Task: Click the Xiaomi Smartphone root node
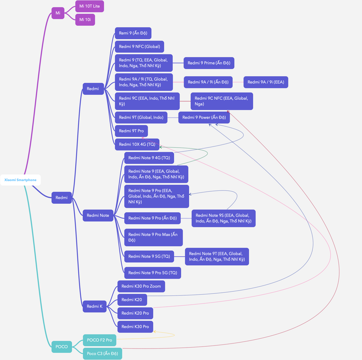pyautogui.click(x=20, y=180)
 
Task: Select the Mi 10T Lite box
pyautogui.click(x=89, y=6)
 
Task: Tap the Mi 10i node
pyautogui.click(x=85, y=20)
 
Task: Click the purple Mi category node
pyautogui.click(x=58, y=13)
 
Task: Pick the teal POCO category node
pyautogui.click(x=62, y=347)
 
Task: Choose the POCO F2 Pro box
pyautogui.click(x=99, y=340)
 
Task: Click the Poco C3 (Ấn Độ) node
pyautogui.click(x=102, y=353)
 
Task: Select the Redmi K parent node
pyautogui.click(x=95, y=306)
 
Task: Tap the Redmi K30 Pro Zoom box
pyautogui.click(x=141, y=287)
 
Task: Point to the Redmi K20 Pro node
pyautogui.click(x=135, y=313)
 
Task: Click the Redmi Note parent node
pyautogui.click(x=98, y=216)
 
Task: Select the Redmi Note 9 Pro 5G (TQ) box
pyautogui.click(x=153, y=273)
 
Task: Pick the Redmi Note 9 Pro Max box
pyautogui.click(x=154, y=237)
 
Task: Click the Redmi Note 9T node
pyautogui.click(x=217, y=257)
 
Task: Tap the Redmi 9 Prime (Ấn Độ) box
pyautogui.click(x=209, y=63)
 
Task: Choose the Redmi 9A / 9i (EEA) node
pyautogui.click(x=266, y=82)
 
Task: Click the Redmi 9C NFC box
pyautogui.click(x=222, y=101)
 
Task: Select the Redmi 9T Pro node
pyautogui.click(x=131, y=131)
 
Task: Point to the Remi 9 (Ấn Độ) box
pyautogui.click(x=133, y=33)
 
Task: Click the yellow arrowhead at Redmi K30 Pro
pyautogui.click(x=155, y=332)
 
